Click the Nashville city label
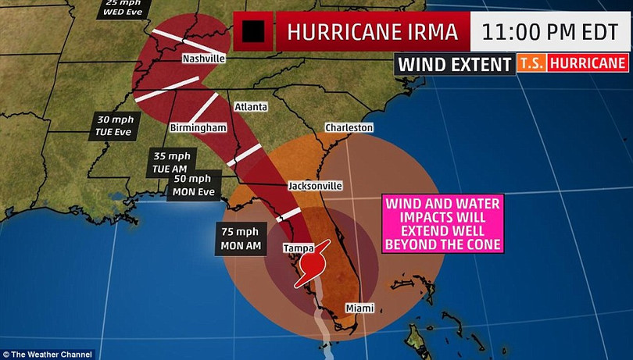tap(203, 59)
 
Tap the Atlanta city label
tap(252, 107)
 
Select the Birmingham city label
tap(198, 127)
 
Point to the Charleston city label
tap(349, 127)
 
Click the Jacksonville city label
tap(315, 187)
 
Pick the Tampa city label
tap(298, 248)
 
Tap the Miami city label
tap(359, 307)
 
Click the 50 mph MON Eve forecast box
tap(193, 185)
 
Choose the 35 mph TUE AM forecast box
tap(172, 162)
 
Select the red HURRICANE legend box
tap(587, 63)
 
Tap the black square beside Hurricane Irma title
tap(255, 31)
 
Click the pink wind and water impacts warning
tap(442, 223)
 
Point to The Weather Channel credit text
tap(47, 354)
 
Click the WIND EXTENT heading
tap(454, 64)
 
